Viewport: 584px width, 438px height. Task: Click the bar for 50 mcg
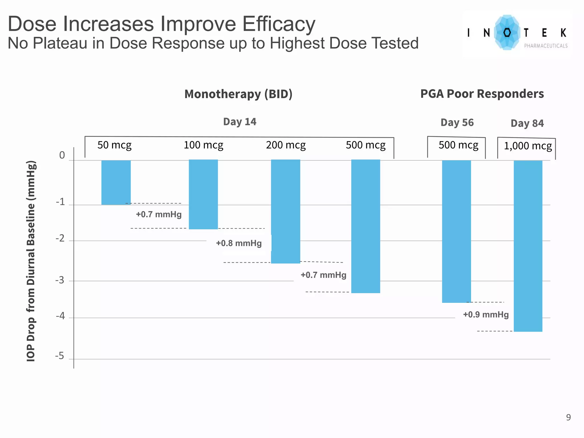click(x=116, y=182)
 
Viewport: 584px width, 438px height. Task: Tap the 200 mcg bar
click(x=285, y=211)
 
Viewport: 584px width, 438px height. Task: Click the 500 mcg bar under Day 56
click(x=456, y=231)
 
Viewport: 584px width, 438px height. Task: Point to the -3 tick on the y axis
click(x=60, y=280)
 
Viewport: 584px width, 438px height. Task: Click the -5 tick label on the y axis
click(x=60, y=356)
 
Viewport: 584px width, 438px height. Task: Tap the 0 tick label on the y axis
click(x=62, y=155)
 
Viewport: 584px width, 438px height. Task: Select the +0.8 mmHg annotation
click(x=239, y=243)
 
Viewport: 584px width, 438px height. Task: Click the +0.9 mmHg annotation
click(x=486, y=315)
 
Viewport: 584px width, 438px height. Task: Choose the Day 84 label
click(x=527, y=123)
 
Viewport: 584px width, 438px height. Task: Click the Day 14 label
click(x=240, y=122)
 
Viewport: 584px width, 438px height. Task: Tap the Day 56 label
click(x=457, y=123)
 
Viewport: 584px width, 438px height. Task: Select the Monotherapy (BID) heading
click(x=238, y=94)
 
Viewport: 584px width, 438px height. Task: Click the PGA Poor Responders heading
click(x=482, y=94)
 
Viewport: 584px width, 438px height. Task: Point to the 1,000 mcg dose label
click(x=528, y=146)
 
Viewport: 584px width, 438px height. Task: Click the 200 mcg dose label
click(x=286, y=145)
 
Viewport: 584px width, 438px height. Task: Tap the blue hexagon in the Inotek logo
click(x=507, y=33)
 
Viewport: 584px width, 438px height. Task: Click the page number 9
click(x=568, y=417)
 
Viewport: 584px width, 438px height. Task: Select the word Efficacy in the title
click(x=279, y=24)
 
